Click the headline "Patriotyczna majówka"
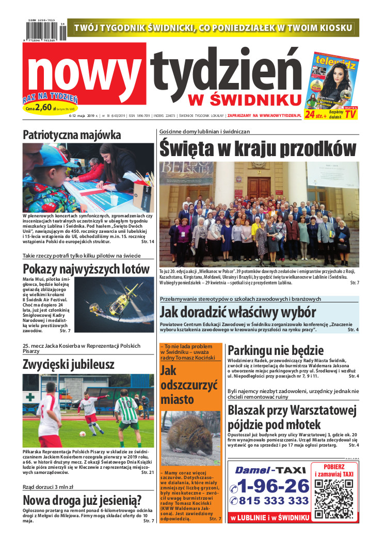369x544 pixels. click(x=72, y=135)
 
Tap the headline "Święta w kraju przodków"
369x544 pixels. click(x=258, y=148)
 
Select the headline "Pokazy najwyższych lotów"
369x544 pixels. click(x=86, y=269)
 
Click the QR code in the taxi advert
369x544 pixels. click(x=333, y=495)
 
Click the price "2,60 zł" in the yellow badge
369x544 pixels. click(x=45, y=108)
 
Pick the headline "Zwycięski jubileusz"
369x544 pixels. click(x=69, y=365)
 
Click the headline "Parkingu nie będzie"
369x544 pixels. click(x=276, y=351)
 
